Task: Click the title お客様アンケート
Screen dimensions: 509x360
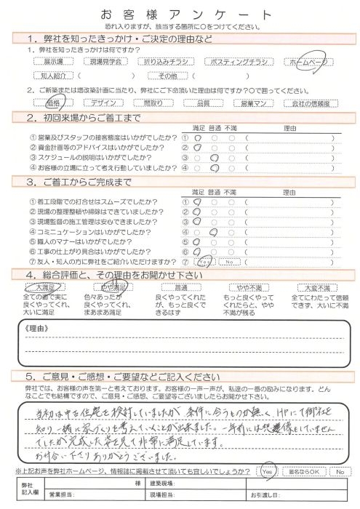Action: [180, 15]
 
